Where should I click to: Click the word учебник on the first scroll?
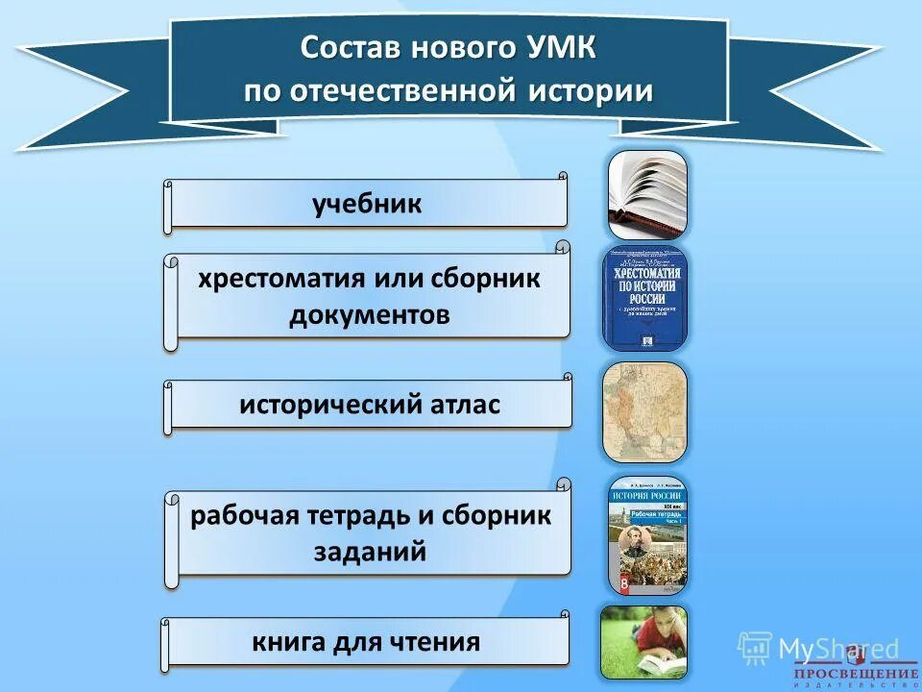(x=367, y=205)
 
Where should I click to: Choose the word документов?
(x=370, y=315)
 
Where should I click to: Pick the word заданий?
(x=370, y=552)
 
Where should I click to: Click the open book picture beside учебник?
(x=647, y=194)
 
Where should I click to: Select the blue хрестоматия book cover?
(x=645, y=298)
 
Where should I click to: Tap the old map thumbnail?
(x=645, y=411)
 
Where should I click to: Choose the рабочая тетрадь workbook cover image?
(x=646, y=533)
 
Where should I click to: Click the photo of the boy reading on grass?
(x=643, y=641)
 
